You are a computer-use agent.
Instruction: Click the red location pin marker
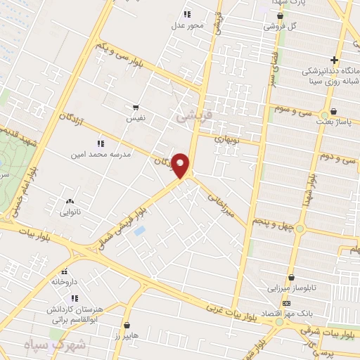click(x=181, y=166)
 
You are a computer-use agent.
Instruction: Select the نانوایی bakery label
click(x=70, y=211)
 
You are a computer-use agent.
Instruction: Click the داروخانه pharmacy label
click(x=62, y=281)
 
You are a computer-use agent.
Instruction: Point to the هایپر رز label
click(x=127, y=336)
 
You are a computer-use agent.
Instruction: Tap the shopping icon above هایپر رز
click(x=127, y=325)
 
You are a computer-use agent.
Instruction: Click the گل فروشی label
click(x=279, y=26)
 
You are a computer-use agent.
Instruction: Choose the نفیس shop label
click(x=136, y=119)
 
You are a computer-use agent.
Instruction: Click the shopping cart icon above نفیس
click(x=136, y=108)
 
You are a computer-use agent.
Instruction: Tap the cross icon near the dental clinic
click(x=335, y=60)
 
